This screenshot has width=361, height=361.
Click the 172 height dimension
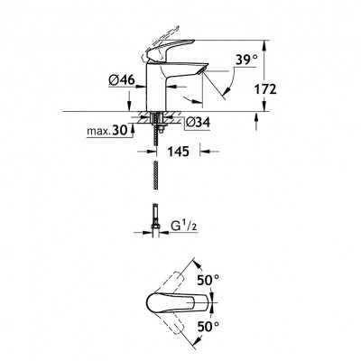tap(265, 89)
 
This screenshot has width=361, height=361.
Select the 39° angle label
tap(246, 60)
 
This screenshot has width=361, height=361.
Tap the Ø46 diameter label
tap(122, 80)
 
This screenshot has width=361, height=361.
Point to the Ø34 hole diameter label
tap(198, 123)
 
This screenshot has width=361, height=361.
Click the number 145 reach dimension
tap(179, 152)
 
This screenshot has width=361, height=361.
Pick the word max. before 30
tap(98, 131)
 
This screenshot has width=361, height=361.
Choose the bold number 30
tap(119, 131)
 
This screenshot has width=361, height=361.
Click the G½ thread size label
tap(184, 226)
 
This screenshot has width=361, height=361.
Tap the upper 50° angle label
tap(208, 281)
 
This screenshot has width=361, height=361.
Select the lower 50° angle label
tap(208, 326)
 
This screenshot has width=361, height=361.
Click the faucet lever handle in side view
tap(169, 49)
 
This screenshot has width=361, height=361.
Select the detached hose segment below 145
tap(155, 176)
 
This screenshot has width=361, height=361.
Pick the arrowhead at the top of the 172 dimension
tap(264, 45)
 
